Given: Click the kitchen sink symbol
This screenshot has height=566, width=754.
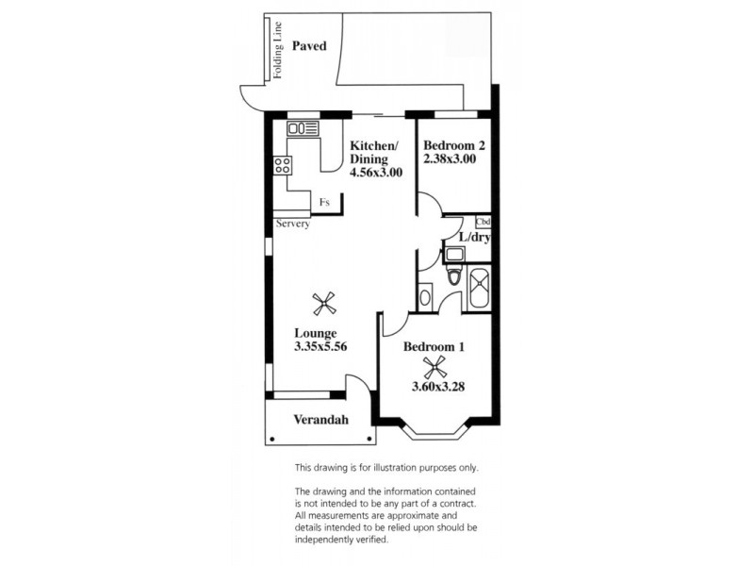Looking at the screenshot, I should (x=303, y=128).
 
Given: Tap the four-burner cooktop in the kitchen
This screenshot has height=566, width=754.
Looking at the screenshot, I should (x=282, y=166).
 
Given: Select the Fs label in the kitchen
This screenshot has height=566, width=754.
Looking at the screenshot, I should (x=324, y=202).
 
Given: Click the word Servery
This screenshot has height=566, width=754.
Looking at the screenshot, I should (x=293, y=224).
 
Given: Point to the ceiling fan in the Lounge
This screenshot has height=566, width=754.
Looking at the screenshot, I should (x=324, y=303).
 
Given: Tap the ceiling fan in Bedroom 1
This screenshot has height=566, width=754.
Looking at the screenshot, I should (x=434, y=367).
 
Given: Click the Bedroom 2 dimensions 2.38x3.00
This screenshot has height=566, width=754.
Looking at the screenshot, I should (x=449, y=159).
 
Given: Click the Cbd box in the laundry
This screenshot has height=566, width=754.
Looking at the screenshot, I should (x=484, y=223).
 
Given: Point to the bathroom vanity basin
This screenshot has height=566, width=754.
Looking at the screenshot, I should (x=424, y=295).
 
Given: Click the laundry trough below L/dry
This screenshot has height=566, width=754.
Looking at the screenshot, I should (x=453, y=253).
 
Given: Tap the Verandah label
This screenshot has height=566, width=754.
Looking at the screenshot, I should (x=316, y=420).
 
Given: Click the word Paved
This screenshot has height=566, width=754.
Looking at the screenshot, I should (x=308, y=45).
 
